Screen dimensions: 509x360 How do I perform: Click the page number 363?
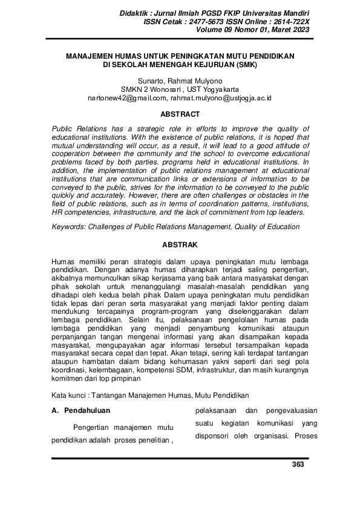pos(298,464)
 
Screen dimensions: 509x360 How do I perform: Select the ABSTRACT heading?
pos(180,114)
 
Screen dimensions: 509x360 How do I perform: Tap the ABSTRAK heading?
pos(180,245)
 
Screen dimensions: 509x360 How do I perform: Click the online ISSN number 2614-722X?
pos(287,21)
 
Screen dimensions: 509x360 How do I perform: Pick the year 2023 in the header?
pos(299,30)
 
